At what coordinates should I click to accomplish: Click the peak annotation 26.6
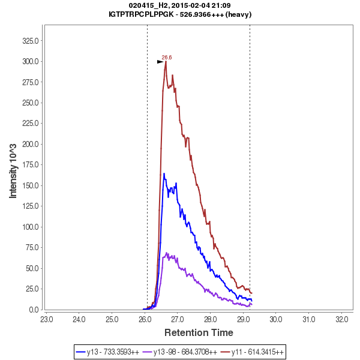[x=167, y=57]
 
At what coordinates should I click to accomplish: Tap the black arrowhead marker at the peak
[x=160, y=61]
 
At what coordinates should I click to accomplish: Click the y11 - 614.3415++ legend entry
[x=253, y=351]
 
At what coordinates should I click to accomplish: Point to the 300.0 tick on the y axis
[x=31, y=61]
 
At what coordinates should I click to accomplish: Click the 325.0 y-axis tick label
[x=31, y=41]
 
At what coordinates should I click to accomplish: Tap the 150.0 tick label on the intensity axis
[x=31, y=185]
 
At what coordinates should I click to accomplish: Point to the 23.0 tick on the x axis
[x=46, y=319]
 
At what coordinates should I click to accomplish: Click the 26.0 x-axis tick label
[x=145, y=319]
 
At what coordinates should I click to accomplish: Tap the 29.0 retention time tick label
[x=243, y=319]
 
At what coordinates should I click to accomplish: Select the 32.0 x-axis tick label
[x=341, y=319]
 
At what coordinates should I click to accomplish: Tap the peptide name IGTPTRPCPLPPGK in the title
[x=142, y=14]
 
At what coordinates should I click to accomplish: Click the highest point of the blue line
[x=164, y=173]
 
